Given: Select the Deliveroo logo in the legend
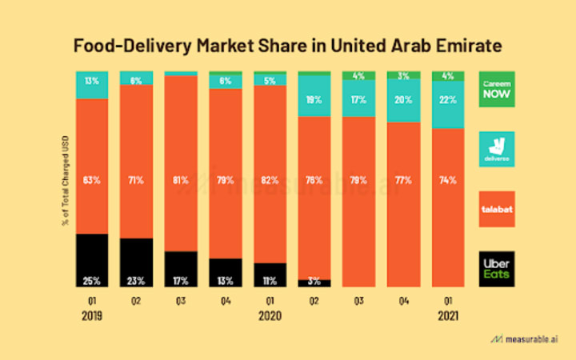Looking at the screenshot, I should click(x=497, y=149).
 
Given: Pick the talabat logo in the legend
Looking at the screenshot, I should click(x=497, y=209).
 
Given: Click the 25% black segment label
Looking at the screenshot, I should click(x=92, y=280).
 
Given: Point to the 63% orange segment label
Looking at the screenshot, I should click(x=92, y=179).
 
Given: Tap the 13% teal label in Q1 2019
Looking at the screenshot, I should click(x=92, y=80).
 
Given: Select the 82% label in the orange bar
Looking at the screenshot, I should click(x=270, y=179).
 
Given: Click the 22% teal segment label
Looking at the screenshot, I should click(x=448, y=100).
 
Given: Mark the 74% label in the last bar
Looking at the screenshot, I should click(x=448, y=179).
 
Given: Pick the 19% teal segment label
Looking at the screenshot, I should click(x=314, y=100).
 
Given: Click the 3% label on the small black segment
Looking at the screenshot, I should click(x=314, y=281).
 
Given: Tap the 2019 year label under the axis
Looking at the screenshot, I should click(x=92, y=315).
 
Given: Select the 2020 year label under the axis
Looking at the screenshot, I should click(x=270, y=315).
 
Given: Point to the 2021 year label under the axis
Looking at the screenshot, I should click(x=448, y=315).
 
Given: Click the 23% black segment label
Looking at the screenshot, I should click(x=137, y=280).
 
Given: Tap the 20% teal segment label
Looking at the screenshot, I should click(x=403, y=100).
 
